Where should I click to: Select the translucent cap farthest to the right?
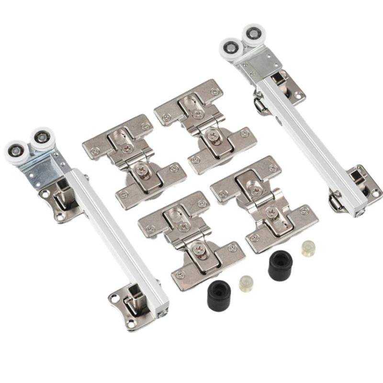(308, 248)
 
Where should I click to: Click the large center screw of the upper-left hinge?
(142, 169)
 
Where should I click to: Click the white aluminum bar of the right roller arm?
(306, 139)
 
